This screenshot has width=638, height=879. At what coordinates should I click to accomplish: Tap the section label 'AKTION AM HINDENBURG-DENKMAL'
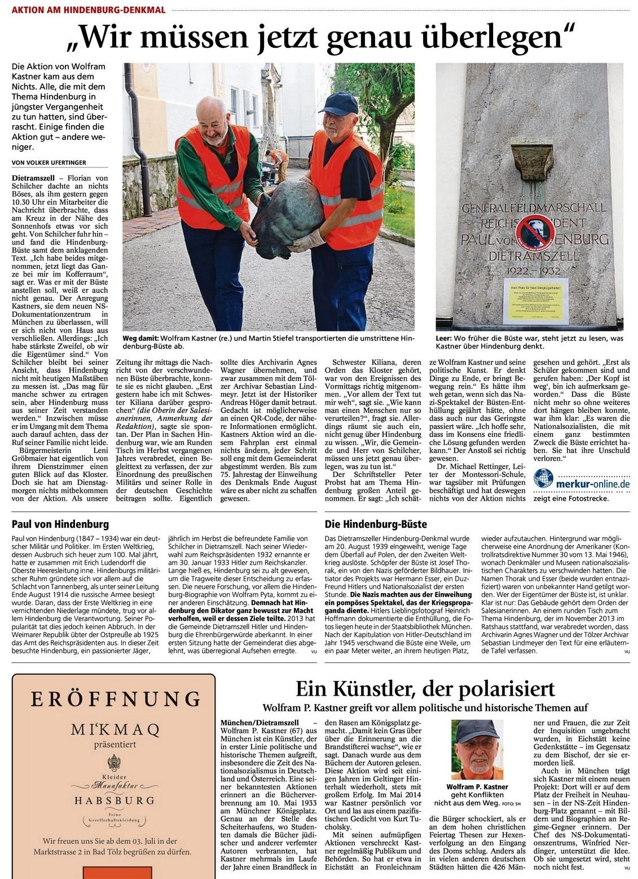89,10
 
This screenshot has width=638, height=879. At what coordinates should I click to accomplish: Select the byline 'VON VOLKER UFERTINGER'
49,162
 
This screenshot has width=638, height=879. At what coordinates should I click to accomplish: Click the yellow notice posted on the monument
535,301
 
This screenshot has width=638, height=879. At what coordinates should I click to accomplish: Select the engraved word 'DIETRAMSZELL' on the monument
534,255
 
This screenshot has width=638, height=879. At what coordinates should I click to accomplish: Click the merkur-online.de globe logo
543,478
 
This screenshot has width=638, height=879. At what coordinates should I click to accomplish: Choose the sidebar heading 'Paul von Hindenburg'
60,524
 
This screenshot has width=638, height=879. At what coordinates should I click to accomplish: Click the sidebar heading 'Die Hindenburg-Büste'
376,524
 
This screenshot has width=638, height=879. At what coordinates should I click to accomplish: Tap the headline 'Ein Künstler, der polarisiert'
425,689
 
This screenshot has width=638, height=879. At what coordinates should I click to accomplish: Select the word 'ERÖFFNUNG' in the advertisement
115,699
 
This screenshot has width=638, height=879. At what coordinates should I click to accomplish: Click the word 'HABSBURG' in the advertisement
115,800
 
